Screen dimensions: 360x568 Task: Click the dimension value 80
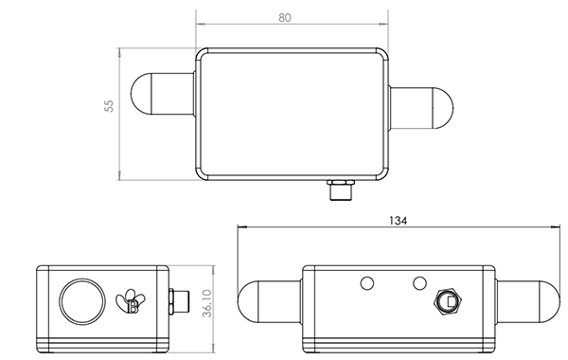point(292,16)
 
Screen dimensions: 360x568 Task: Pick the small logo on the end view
point(128,300)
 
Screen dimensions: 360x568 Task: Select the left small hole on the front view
point(365,282)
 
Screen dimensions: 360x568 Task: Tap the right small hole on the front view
point(418,282)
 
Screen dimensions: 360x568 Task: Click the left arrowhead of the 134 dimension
point(241,227)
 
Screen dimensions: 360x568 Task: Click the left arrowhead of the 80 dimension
point(200,24)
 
